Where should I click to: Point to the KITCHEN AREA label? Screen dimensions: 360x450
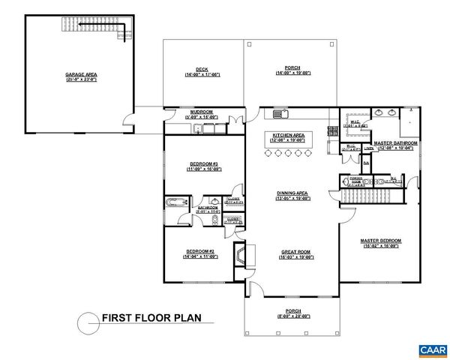click(x=289, y=136)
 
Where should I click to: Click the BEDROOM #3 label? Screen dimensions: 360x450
click(x=204, y=164)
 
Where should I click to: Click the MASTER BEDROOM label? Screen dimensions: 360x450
click(x=382, y=241)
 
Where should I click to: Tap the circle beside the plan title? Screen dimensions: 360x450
click(x=87, y=322)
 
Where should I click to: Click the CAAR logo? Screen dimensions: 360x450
click(x=430, y=349)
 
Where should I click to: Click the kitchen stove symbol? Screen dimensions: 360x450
click(x=331, y=130)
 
